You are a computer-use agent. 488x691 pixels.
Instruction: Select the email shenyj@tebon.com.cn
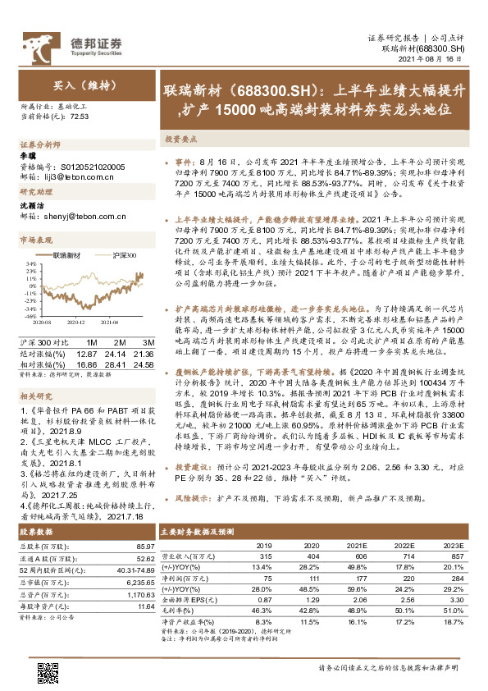tap(80, 217)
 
